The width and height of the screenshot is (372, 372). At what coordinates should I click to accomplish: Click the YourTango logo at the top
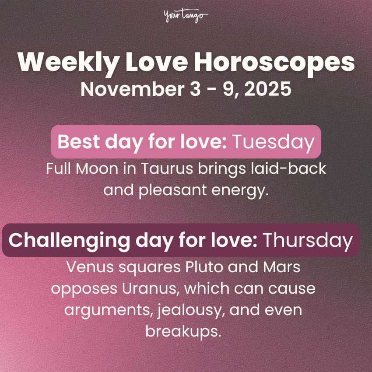[x=186, y=17]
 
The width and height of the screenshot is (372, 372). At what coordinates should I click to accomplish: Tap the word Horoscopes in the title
[x=274, y=63]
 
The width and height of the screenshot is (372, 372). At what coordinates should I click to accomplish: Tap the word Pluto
[x=197, y=267]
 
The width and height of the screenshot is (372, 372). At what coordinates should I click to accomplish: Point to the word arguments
[x=102, y=309]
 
